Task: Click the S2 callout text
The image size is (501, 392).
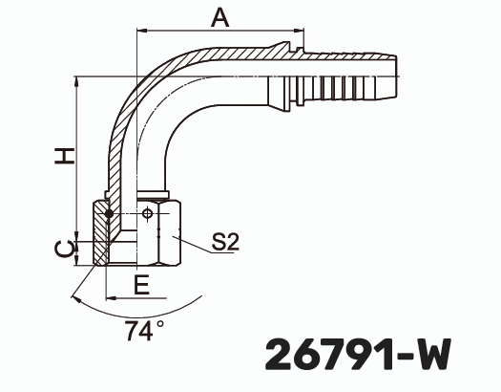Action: pos(225,243)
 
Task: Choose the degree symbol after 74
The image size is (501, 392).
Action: pos(160,325)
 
